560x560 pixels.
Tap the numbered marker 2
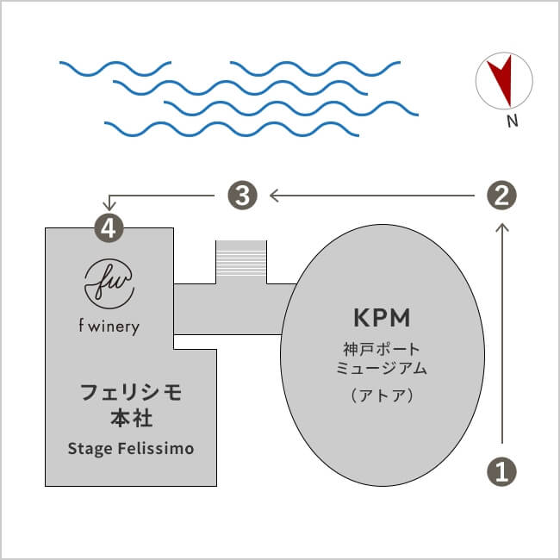(502, 196)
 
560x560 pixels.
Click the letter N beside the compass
(512, 121)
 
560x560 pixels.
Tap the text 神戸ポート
(378, 350)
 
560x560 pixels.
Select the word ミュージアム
(378, 369)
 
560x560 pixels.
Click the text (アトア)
(378, 396)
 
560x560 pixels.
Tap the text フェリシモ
(131, 394)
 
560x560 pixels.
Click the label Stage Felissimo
(131, 449)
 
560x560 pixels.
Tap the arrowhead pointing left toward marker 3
(274, 196)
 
